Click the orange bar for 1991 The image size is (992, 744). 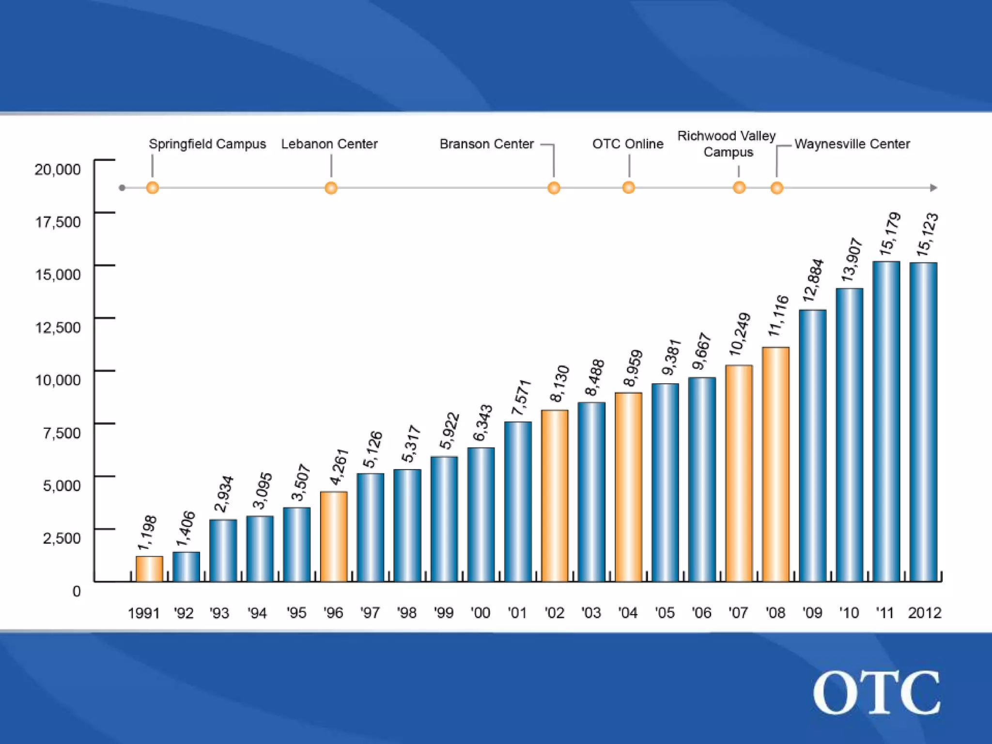pos(149,569)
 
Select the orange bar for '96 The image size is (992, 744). pos(334,536)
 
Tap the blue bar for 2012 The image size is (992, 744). pos(923,421)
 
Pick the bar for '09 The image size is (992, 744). pos(812,445)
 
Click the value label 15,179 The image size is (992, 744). pos(890,234)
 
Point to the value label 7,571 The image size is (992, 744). pos(522,398)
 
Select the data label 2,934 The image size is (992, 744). pos(224,494)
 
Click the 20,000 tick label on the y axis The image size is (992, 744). pos(58,170)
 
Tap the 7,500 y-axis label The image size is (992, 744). pos(62,433)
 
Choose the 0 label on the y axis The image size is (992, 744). pos(77,591)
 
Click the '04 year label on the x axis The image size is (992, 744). pos(628,613)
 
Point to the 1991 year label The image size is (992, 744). pos(143,613)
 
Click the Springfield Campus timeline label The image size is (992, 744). pos(207,144)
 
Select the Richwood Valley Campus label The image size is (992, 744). pos(727,144)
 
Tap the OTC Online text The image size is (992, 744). pos(628,144)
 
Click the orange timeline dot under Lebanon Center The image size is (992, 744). pos(331,188)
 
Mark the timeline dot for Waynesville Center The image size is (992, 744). pos(776,188)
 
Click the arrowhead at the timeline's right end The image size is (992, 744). pos(934,188)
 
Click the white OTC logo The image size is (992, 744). pos(877,693)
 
